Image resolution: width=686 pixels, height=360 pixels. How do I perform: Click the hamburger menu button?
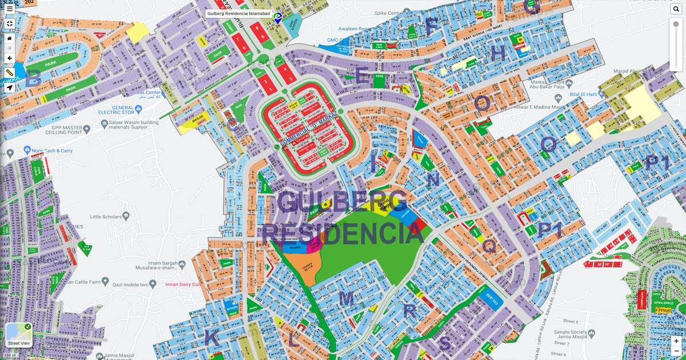click(x=9, y=9)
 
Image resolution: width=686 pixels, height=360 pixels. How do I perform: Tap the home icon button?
click(x=9, y=38)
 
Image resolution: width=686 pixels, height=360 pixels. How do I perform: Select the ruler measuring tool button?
click(x=9, y=73)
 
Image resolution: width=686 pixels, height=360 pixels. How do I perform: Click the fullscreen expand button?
click(x=9, y=23)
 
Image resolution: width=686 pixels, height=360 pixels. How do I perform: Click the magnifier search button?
click(x=676, y=9)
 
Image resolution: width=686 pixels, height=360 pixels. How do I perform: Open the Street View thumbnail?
click(x=18, y=335)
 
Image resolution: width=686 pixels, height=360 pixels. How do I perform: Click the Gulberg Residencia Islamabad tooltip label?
click(x=238, y=13)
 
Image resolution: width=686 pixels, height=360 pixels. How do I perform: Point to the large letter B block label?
click(x=33, y=79)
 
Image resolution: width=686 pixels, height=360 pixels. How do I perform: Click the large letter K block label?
click(x=212, y=338)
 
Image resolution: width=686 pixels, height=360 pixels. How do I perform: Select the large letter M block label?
click(x=346, y=299)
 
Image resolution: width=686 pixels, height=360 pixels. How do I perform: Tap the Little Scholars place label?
click(x=106, y=217)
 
